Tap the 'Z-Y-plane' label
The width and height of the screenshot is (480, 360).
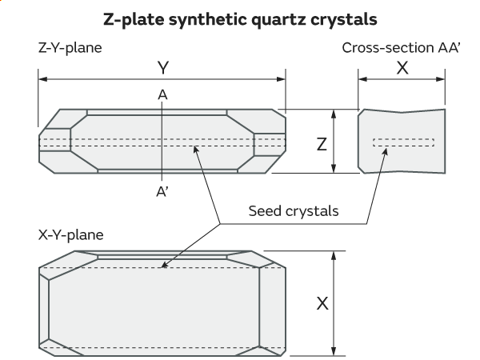[x=70, y=47]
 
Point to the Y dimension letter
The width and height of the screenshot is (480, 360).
[x=162, y=69]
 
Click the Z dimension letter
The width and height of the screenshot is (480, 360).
[x=322, y=144]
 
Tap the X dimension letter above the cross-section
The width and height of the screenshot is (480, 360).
[x=402, y=69]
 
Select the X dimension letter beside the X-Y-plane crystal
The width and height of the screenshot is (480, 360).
[x=322, y=304]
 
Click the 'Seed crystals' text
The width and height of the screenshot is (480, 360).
[x=293, y=212]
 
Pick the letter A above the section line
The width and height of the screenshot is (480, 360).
[x=162, y=95]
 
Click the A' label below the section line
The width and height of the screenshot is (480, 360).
[x=162, y=193]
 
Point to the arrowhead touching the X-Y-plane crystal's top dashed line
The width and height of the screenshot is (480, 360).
[x=166, y=265]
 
